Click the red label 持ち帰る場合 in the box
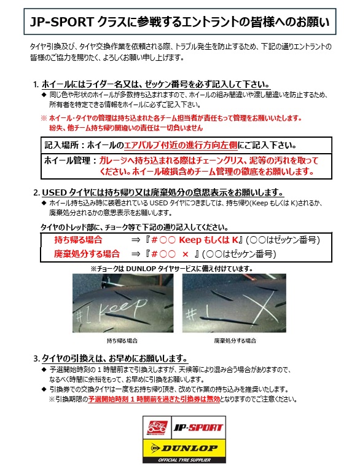tap(78, 240)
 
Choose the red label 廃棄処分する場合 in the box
tap(87, 253)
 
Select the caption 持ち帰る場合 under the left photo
tap(117, 340)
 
